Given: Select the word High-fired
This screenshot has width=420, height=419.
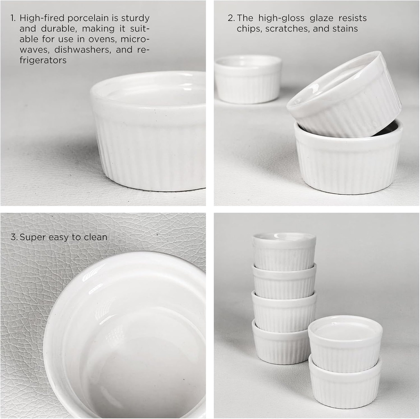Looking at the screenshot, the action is coord(42,18).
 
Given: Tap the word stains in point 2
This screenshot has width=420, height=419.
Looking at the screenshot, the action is coord(345,28).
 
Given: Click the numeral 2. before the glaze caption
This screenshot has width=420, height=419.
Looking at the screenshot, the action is coord(231,18).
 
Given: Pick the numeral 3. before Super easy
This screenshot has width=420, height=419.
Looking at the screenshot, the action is coord(14,237).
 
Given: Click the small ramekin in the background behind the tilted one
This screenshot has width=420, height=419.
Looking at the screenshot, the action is coord(248,79).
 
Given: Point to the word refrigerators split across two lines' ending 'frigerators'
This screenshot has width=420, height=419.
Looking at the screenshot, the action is coord(43,60).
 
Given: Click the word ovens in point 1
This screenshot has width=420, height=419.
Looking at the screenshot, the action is coord(102,39).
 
